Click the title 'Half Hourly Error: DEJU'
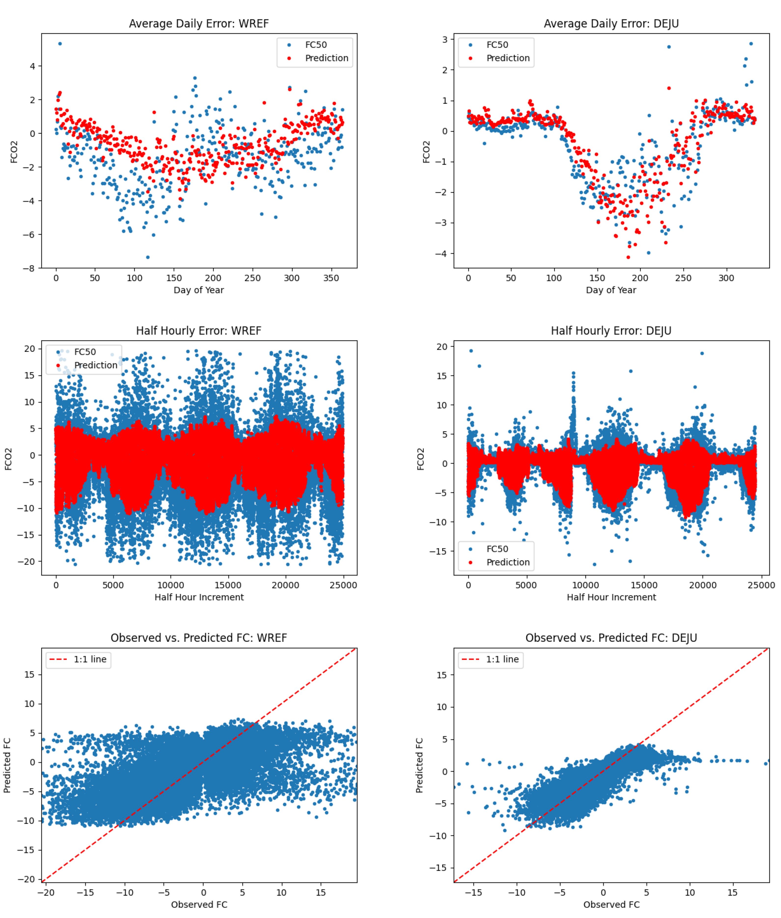(611, 331)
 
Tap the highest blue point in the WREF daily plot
(60, 44)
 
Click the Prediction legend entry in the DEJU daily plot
(507, 58)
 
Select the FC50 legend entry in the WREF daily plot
(316, 45)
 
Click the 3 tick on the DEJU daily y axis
(445, 39)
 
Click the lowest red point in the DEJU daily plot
(628, 257)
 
